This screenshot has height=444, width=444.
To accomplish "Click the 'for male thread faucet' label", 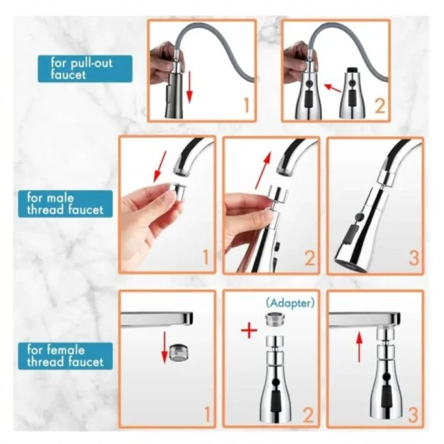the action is [x=65, y=204].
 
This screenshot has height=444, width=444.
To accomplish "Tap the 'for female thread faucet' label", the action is [x=65, y=356].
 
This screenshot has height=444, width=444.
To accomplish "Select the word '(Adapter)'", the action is [x=290, y=303].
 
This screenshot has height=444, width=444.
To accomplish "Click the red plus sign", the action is [x=249, y=331].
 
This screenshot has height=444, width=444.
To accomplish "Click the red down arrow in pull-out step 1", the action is [x=189, y=87].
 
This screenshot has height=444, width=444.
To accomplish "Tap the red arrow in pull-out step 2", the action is [x=332, y=88].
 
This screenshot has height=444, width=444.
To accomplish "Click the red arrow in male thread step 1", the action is [x=160, y=167].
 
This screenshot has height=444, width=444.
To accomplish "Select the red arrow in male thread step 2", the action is [x=263, y=170].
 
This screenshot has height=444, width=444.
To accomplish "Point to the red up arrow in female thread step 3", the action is [x=359, y=347].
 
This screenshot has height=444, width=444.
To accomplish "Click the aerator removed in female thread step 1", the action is [x=179, y=353].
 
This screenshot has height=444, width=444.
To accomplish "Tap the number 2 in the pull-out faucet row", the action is [x=380, y=107].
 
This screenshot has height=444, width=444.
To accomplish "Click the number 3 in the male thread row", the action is [x=413, y=258].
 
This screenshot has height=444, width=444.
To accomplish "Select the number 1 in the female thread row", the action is [x=207, y=415].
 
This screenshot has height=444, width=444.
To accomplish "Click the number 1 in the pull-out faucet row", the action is [x=246, y=105].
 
